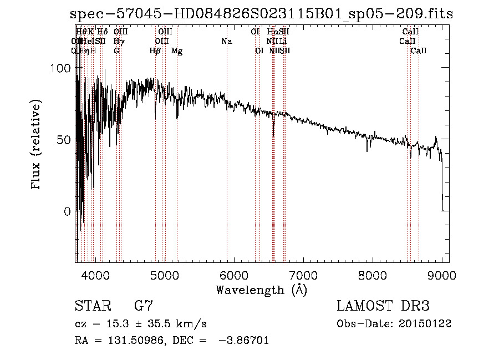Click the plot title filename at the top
pos(262,14)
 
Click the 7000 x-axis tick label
pos(303,274)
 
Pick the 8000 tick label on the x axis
pos(373,274)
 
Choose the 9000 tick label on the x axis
pos(442,274)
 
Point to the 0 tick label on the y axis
pos(67,211)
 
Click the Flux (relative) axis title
pos(37,145)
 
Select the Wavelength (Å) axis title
pos(262,290)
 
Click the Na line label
pos(226,42)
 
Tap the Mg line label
pos(177,51)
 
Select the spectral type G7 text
pos(144,306)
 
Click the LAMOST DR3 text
pos(383,306)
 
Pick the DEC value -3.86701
pos(244,341)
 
